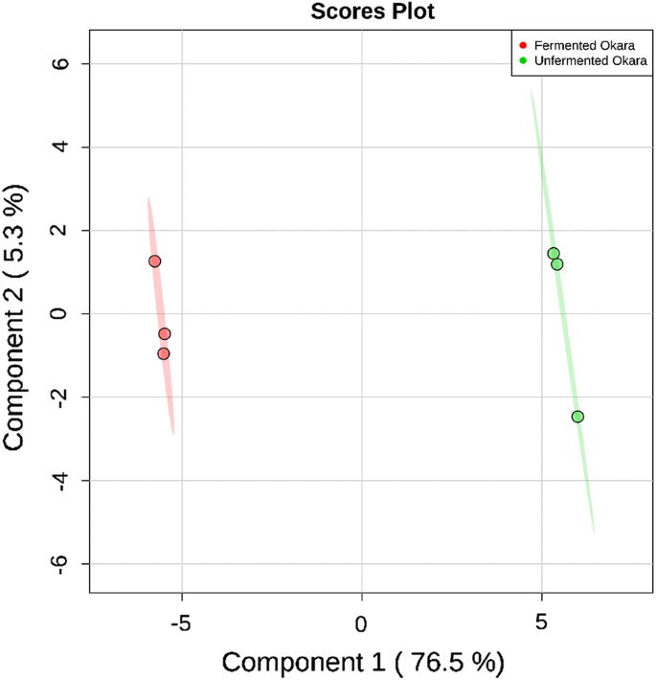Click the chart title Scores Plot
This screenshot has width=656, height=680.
pyautogui.click(x=361, y=12)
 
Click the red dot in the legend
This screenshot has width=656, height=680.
pyautogui.click(x=523, y=45)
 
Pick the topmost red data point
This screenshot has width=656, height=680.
pyautogui.click(x=154, y=261)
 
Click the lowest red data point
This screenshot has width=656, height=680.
pyautogui.click(x=164, y=353)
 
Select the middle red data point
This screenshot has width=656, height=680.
pyautogui.click(x=165, y=334)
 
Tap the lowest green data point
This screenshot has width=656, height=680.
pyautogui.click(x=577, y=417)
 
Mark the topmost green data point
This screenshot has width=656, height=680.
pyautogui.click(x=554, y=254)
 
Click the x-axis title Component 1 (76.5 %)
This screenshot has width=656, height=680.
pyautogui.click(x=362, y=661)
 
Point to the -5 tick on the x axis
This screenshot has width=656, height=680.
pyautogui.click(x=181, y=623)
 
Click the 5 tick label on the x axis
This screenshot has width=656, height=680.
pyautogui.click(x=542, y=623)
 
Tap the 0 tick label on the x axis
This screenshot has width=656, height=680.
pyautogui.click(x=361, y=623)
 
